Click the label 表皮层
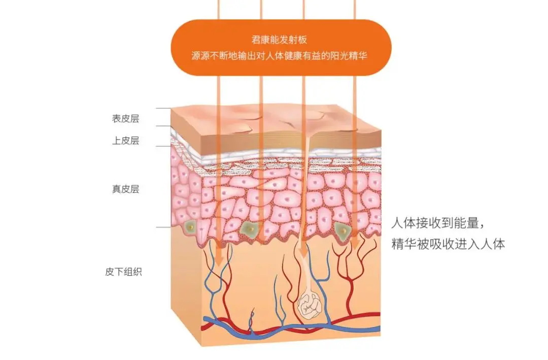[x=125, y=119]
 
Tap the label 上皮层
[x=125, y=141]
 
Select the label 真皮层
[x=125, y=189]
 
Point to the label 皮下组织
[x=123, y=272]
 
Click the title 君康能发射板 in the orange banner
[x=279, y=40]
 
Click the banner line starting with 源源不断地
[x=279, y=56]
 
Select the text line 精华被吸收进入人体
[x=448, y=244]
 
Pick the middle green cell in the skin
[x=250, y=229]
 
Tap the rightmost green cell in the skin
[x=343, y=230]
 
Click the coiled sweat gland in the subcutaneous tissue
[x=309, y=305]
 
